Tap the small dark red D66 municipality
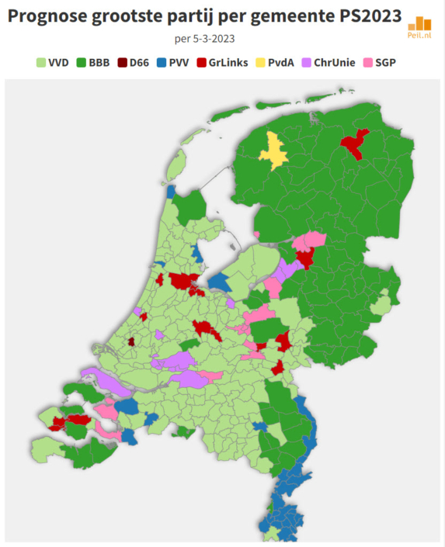(130, 341)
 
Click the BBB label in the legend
(99, 63)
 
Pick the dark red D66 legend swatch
(124, 63)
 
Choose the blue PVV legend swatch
(162, 63)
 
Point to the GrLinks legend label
(228, 63)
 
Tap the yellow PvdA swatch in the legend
(262, 63)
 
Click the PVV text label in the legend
(180, 63)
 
